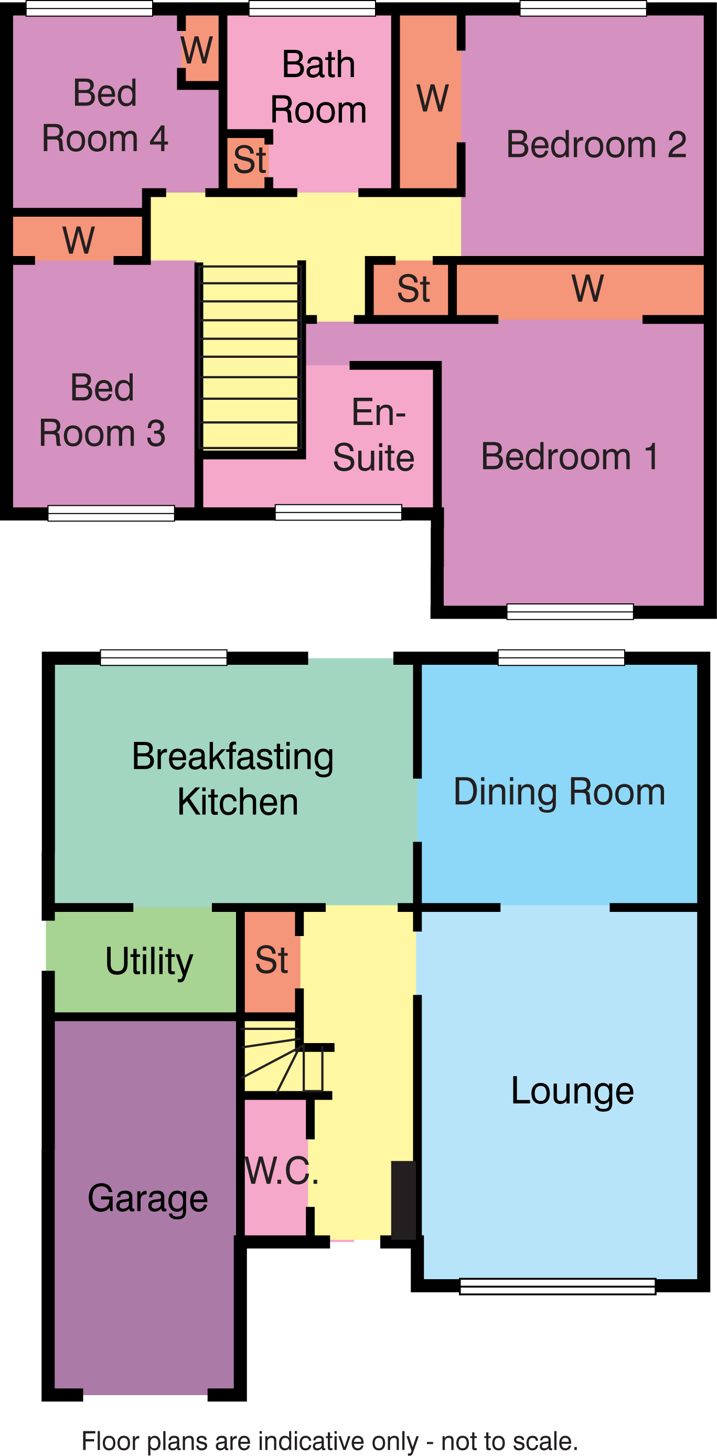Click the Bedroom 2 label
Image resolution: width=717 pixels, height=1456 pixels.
pyautogui.click(x=596, y=144)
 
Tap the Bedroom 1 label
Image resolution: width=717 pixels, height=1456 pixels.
pyautogui.click(x=570, y=456)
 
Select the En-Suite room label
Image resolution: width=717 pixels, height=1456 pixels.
pyautogui.click(x=374, y=434)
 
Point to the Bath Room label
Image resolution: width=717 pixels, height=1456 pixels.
pyautogui.click(x=319, y=87)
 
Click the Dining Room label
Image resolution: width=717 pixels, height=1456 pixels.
pyautogui.click(x=559, y=792)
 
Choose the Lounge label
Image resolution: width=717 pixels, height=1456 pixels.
pyautogui.click(x=572, y=1091)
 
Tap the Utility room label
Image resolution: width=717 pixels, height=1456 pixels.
pyautogui.click(x=149, y=961)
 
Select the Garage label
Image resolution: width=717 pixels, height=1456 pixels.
pyautogui.click(x=148, y=1199)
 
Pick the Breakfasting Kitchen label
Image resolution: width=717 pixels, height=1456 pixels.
pyautogui.click(x=233, y=780)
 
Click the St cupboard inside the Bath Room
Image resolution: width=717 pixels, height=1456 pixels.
pyautogui.click(x=250, y=160)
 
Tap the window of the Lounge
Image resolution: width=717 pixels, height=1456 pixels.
pyautogui.click(x=557, y=1287)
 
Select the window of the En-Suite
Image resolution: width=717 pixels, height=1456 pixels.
pyautogui.click(x=338, y=512)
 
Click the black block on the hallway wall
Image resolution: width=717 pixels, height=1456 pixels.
pyautogui.click(x=403, y=1200)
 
